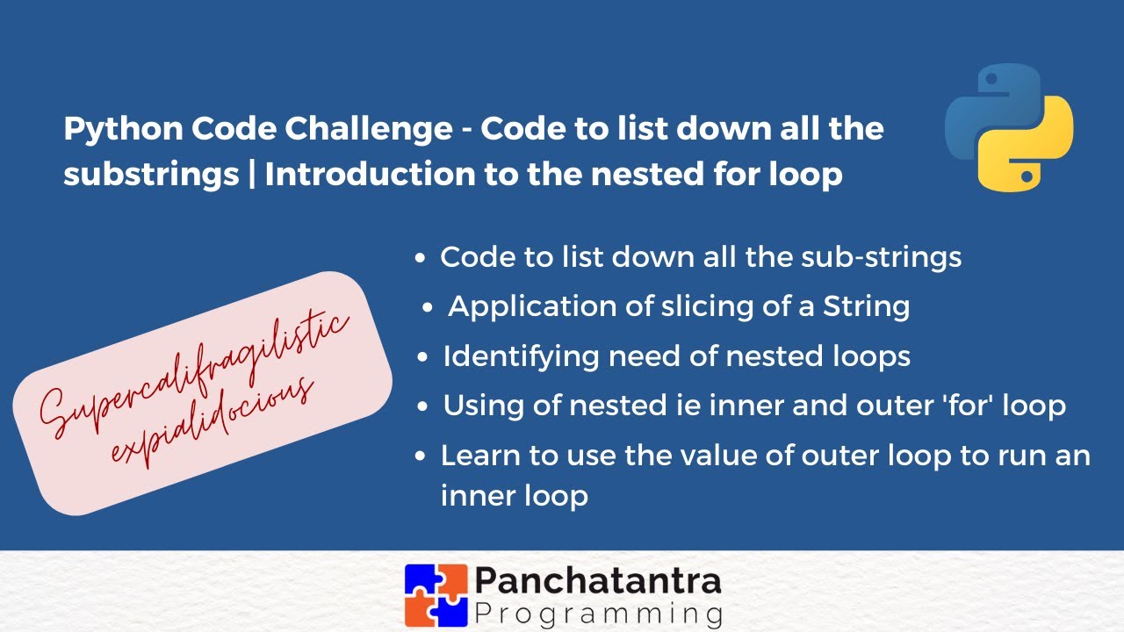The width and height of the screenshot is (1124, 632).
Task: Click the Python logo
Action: point(1009,126)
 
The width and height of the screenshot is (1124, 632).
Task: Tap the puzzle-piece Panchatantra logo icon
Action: point(435,593)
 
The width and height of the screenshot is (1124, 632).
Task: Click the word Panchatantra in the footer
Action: point(598,579)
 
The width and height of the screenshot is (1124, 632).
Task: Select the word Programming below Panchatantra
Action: point(598,612)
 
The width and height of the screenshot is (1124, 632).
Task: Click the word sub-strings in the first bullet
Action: point(881,257)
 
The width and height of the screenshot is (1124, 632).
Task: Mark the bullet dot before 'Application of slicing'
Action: point(428,308)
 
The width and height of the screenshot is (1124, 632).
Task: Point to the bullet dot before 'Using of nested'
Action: point(423,407)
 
